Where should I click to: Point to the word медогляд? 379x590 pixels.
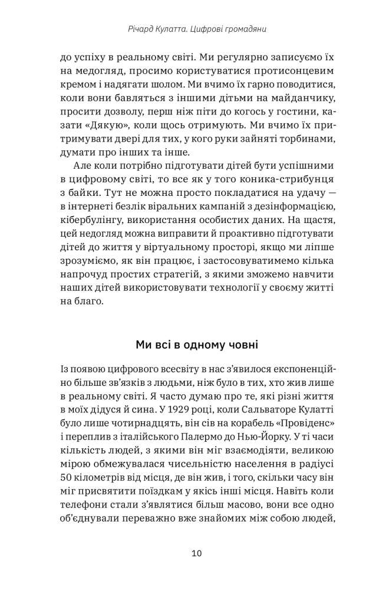pos(95,73)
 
